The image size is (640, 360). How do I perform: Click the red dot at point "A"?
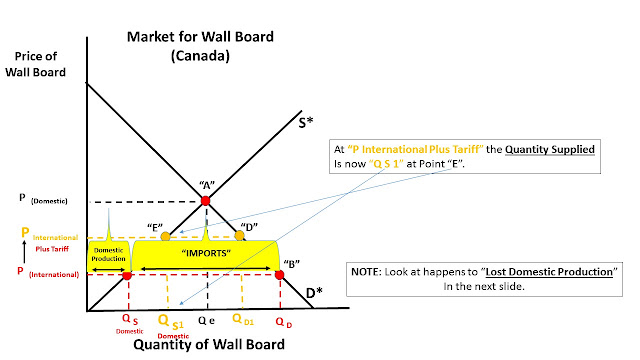click(x=205, y=200)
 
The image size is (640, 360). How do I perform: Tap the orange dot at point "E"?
click(x=165, y=236)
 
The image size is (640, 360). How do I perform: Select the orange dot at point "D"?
click(x=240, y=235)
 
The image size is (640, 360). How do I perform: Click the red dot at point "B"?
click(x=280, y=275)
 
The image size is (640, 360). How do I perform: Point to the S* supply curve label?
click(x=306, y=122)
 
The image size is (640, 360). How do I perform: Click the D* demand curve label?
click(x=314, y=292)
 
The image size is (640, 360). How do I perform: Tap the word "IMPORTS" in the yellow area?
click(x=206, y=253)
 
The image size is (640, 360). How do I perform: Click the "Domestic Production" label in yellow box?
click(x=108, y=254)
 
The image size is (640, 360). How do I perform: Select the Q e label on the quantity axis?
click(x=207, y=321)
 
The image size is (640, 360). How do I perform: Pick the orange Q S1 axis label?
click(x=171, y=322)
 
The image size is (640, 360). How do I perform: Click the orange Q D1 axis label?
click(x=243, y=319)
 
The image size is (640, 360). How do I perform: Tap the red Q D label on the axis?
click(x=284, y=322)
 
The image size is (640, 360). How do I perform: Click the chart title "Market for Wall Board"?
click(x=200, y=37)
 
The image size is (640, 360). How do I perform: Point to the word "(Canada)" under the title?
click(x=200, y=55)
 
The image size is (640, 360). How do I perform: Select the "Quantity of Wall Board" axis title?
click(x=209, y=344)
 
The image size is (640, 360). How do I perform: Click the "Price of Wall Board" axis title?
click(x=36, y=64)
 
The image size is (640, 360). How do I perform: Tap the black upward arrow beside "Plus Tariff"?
click(x=24, y=251)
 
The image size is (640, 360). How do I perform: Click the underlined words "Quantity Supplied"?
click(x=550, y=149)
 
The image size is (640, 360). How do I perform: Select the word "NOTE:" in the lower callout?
click(x=366, y=272)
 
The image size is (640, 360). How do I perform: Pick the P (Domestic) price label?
click(x=43, y=199)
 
